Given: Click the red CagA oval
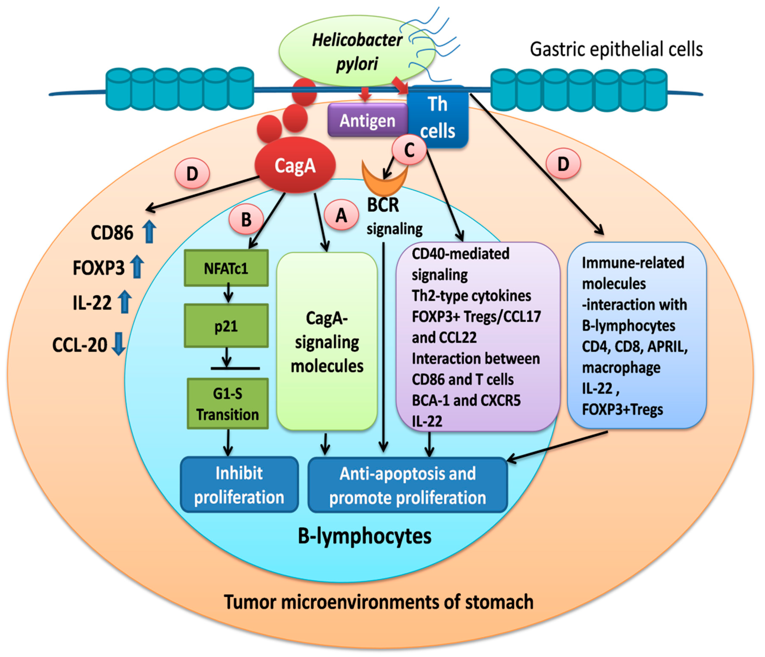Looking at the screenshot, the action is [295, 165].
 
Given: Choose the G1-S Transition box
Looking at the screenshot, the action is [228, 404].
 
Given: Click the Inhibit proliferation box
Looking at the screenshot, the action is [239, 484].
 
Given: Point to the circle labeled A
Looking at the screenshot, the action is [342, 215].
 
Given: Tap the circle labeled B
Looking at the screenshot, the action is [246, 220].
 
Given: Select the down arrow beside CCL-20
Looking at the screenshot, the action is [118, 343].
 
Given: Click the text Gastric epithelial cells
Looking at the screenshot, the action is [616, 49].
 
